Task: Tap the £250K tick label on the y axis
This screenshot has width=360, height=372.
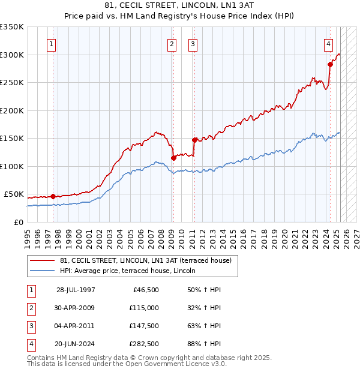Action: [12, 82]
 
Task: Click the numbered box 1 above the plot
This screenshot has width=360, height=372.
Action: [52, 43]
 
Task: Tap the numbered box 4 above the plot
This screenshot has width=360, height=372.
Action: [329, 43]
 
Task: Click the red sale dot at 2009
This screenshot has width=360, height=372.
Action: [173, 158]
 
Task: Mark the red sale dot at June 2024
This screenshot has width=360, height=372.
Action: [330, 64]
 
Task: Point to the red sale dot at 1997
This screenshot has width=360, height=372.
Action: [53, 196]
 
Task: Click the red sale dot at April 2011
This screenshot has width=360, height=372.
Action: [194, 140]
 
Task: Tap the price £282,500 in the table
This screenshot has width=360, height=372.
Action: [144, 344]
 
